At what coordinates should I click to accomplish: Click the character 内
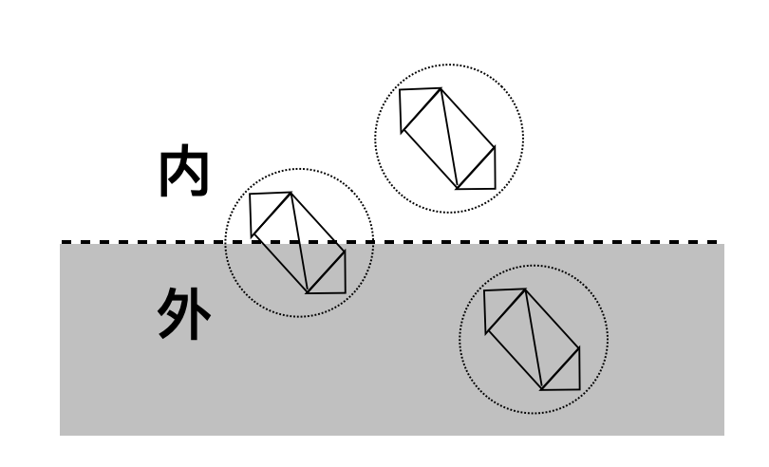click(184, 170)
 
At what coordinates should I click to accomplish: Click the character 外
click(184, 314)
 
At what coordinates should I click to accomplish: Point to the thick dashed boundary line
click(389, 242)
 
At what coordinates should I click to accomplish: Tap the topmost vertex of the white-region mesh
click(441, 88)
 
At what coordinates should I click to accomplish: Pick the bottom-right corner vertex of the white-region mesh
click(495, 188)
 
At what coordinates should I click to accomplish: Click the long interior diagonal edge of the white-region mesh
click(449, 139)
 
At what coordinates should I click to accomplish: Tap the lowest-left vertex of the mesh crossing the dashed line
click(307, 293)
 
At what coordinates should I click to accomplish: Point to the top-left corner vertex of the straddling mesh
click(250, 194)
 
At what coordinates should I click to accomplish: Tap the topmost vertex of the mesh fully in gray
click(525, 290)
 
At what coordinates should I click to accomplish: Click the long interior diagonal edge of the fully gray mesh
click(534, 340)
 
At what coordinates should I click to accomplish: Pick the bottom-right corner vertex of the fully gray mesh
click(579, 389)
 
